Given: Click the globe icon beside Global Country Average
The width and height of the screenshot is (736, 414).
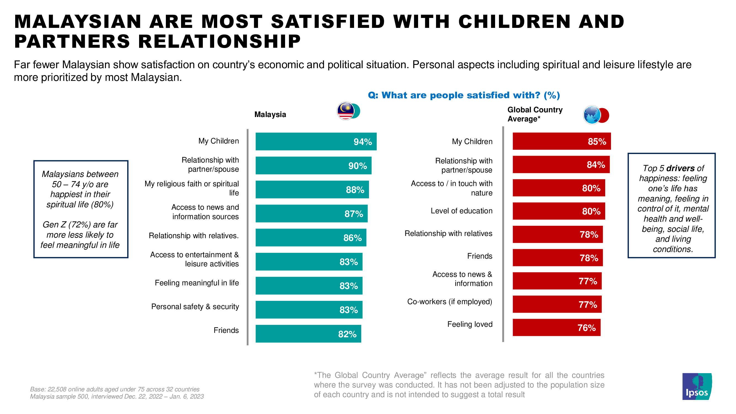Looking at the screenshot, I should (x=592, y=115).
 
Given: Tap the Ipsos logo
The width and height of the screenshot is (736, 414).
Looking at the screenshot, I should (x=697, y=386).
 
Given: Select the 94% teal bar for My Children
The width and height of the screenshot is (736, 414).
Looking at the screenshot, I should (x=316, y=141).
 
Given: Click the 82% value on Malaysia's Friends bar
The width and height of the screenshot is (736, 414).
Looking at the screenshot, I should (x=347, y=334).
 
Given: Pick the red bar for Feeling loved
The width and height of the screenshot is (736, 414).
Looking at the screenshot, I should (x=556, y=327).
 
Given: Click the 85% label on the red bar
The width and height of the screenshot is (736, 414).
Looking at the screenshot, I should (x=597, y=141).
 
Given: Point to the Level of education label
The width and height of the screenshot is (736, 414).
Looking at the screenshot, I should (x=461, y=211).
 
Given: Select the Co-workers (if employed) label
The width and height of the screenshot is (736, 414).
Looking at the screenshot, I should (x=450, y=302).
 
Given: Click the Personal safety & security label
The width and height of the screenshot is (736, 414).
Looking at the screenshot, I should (x=195, y=307).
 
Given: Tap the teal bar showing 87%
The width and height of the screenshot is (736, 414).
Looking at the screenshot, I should (x=312, y=213).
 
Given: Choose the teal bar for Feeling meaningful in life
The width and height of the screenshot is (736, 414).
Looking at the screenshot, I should (x=309, y=286).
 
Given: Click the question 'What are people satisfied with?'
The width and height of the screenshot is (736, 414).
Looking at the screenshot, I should (x=464, y=95).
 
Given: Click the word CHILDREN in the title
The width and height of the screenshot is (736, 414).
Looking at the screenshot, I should (x=514, y=22).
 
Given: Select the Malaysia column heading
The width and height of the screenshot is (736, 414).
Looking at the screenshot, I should (x=270, y=115).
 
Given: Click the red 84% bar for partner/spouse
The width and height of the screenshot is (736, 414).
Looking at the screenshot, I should (x=561, y=164).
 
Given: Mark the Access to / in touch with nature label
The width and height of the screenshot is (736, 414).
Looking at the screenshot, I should (x=451, y=188).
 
